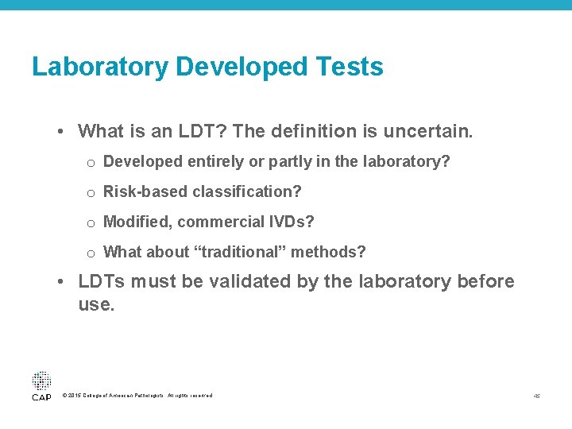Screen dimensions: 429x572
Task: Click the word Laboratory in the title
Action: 100,68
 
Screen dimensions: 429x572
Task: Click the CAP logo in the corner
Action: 41,385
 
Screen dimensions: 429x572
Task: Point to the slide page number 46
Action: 537,396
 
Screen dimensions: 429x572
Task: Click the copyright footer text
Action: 137,396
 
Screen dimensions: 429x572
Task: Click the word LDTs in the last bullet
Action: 102,281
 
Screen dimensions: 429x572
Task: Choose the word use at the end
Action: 95,304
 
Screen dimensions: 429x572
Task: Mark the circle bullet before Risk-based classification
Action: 91,193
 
